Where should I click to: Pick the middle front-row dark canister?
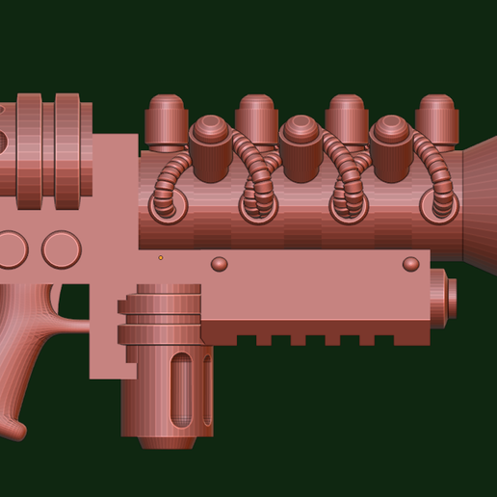coord(301,148)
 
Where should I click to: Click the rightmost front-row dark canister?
coord(391,148)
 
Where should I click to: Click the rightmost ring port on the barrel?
coord(440,205)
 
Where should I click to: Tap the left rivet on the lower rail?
coord(220,264)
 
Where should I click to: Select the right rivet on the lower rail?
coord(410,264)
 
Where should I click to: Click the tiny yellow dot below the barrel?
coord(161,257)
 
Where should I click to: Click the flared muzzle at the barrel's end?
coord(478,202)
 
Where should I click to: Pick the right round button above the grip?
coord(61,249)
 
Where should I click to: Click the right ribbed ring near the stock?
coord(66,151)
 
